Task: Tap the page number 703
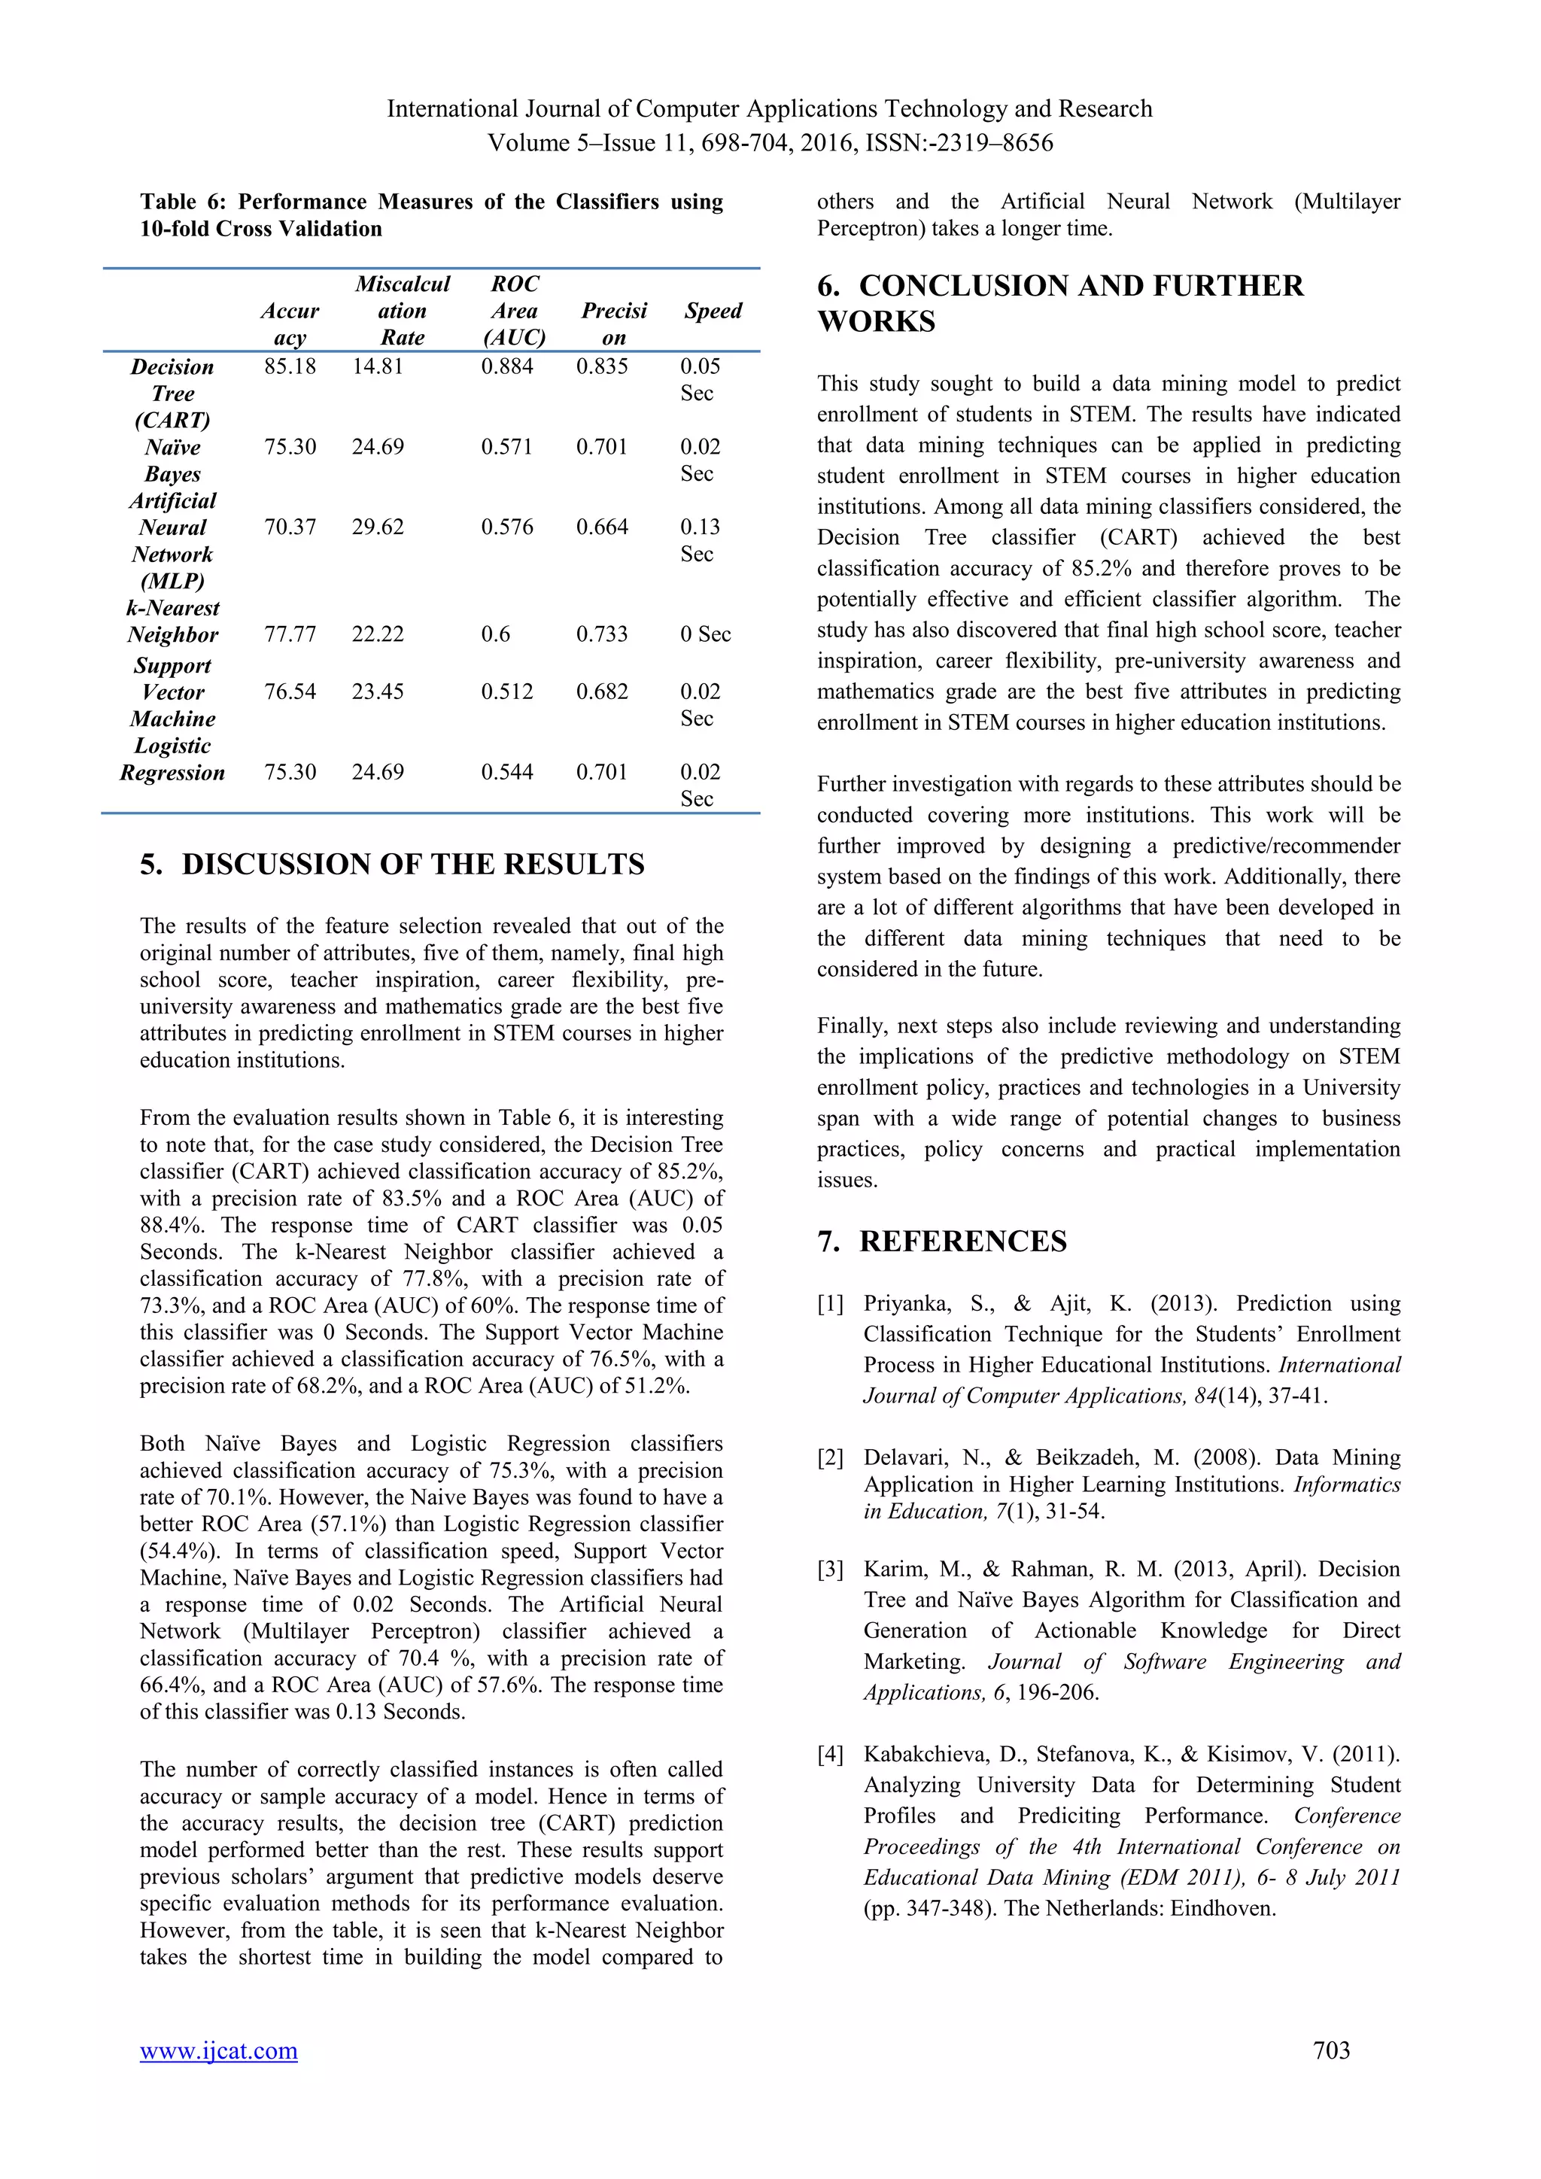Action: pos(1330,2050)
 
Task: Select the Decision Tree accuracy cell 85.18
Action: pos(290,366)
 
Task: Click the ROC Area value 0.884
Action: pos(506,366)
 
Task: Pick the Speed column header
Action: pos(713,312)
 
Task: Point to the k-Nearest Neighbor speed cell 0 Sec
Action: pos(705,634)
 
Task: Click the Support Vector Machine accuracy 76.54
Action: pos(290,692)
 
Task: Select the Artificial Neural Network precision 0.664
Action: pos(602,527)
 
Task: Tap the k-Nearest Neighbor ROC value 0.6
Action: pos(495,634)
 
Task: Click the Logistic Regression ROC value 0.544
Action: pos(506,773)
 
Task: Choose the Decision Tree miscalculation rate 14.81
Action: pos(378,366)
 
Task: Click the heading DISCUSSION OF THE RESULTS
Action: pos(413,865)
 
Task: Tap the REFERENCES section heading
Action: pos(962,1241)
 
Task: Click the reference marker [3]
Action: pos(830,1570)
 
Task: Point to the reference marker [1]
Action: pos(830,1304)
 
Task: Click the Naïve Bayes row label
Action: pos(173,460)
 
